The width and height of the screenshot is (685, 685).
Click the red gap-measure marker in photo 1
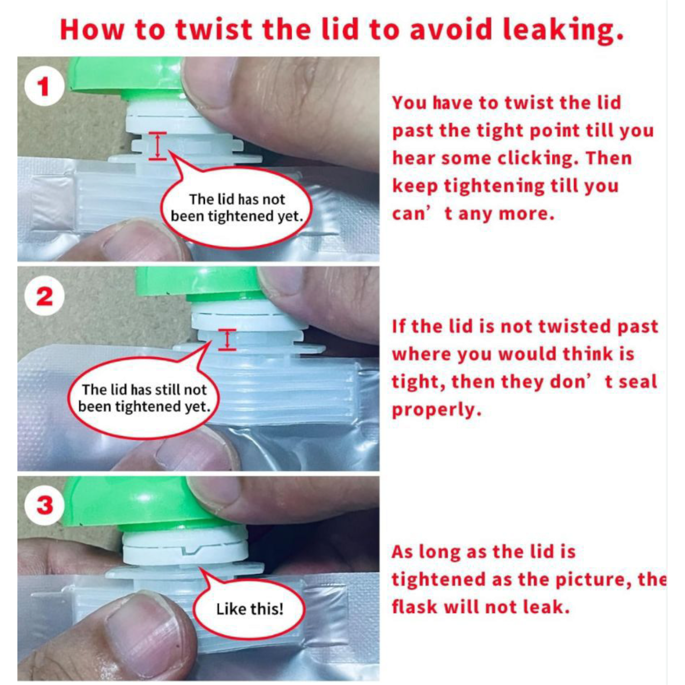click(x=158, y=146)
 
